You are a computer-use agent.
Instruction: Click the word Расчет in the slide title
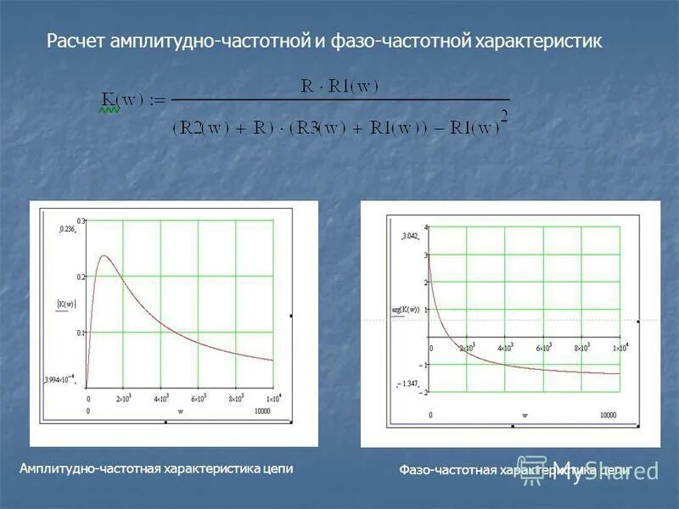[x=75, y=41]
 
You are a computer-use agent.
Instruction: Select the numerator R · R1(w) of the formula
[x=339, y=86]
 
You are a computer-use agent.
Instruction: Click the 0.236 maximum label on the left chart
[x=67, y=229]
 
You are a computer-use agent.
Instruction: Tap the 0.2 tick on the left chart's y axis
[x=81, y=277]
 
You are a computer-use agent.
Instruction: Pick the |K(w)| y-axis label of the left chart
[x=66, y=304]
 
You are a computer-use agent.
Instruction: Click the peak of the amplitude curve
[x=104, y=256]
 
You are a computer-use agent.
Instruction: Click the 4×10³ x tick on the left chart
[x=160, y=398]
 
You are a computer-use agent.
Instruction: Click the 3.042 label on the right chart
[x=409, y=235]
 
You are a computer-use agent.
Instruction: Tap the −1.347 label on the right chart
[x=408, y=383]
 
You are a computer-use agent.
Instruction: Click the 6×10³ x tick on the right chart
[x=544, y=348]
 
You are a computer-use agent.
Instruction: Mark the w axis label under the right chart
[x=525, y=415]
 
